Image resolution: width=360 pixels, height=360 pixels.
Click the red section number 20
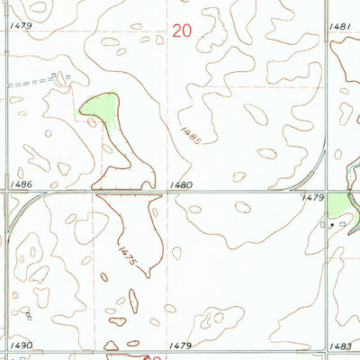(x=182, y=31)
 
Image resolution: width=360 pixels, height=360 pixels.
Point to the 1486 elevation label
(x=22, y=184)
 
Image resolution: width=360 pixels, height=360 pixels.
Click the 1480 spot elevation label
(x=180, y=184)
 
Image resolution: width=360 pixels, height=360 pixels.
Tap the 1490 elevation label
(x=21, y=345)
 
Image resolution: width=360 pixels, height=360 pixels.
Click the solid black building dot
(x=332, y=222)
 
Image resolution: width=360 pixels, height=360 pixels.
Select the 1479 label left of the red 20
(x=22, y=26)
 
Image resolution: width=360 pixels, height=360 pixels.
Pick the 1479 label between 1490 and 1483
(x=180, y=345)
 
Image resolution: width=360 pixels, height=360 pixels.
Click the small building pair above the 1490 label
(x=30, y=316)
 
